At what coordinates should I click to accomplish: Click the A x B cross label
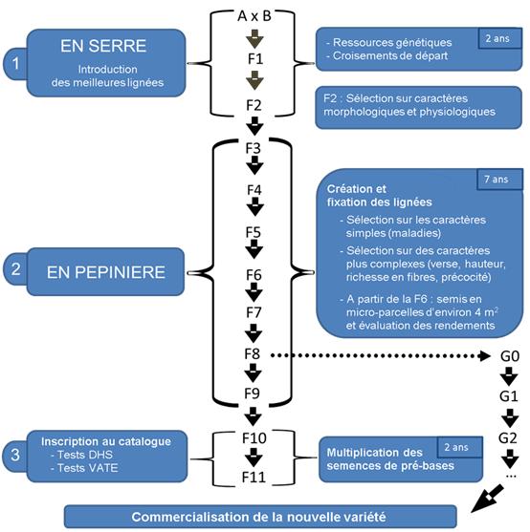pyautogui.click(x=254, y=16)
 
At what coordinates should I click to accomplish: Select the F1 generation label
pyautogui.click(x=255, y=58)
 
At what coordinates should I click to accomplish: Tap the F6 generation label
pyautogui.click(x=254, y=275)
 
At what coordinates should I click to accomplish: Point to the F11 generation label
pyautogui.click(x=254, y=477)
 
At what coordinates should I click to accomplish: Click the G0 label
pyautogui.click(x=510, y=356)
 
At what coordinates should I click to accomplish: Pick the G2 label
pyautogui.click(x=508, y=438)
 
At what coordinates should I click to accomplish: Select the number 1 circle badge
pyautogui.click(x=15, y=63)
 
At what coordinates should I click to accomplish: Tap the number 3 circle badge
pyautogui.click(x=15, y=455)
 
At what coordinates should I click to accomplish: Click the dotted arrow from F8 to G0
pyautogui.click(x=380, y=355)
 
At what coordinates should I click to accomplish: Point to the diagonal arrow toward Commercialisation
pyautogui.click(x=487, y=499)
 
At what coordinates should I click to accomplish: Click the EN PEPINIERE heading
pyautogui.click(x=106, y=272)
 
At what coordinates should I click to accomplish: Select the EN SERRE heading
pyautogui.click(x=103, y=46)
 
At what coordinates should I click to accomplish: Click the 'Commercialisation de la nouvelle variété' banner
pyautogui.click(x=260, y=517)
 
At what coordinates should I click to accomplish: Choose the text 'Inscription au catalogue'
pyautogui.click(x=106, y=441)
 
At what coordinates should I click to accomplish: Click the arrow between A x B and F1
pyautogui.click(x=254, y=38)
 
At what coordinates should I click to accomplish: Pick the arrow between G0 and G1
pyautogui.click(x=509, y=376)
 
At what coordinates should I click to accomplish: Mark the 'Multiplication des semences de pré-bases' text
pyautogui.click(x=390, y=459)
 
